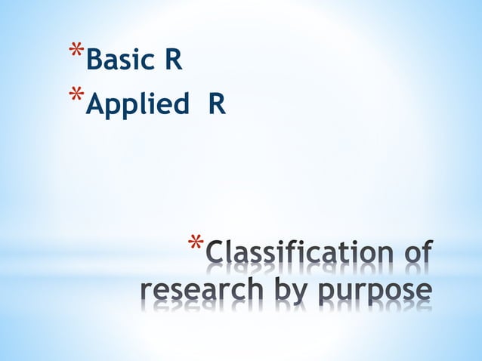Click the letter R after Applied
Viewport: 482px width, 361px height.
point(217,103)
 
